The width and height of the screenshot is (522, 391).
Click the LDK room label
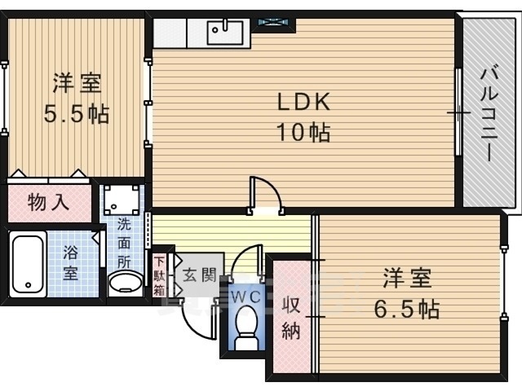click(303, 103)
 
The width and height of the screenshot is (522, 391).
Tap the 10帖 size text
click(303, 131)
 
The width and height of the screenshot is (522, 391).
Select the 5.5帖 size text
click(76, 113)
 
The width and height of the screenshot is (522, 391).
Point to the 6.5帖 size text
click(407, 309)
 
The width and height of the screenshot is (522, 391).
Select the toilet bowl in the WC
click(246, 332)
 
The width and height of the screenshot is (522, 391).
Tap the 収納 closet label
click(291, 317)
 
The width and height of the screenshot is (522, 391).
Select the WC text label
click(245, 297)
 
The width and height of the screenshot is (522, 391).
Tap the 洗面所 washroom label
click(124, 241)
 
